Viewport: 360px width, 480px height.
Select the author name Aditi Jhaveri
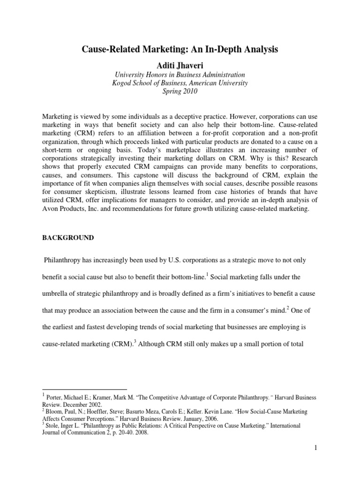pyautogui.click(x=180, y=63)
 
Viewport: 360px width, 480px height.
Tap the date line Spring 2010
pyautogui.click(x=180, y=91)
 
